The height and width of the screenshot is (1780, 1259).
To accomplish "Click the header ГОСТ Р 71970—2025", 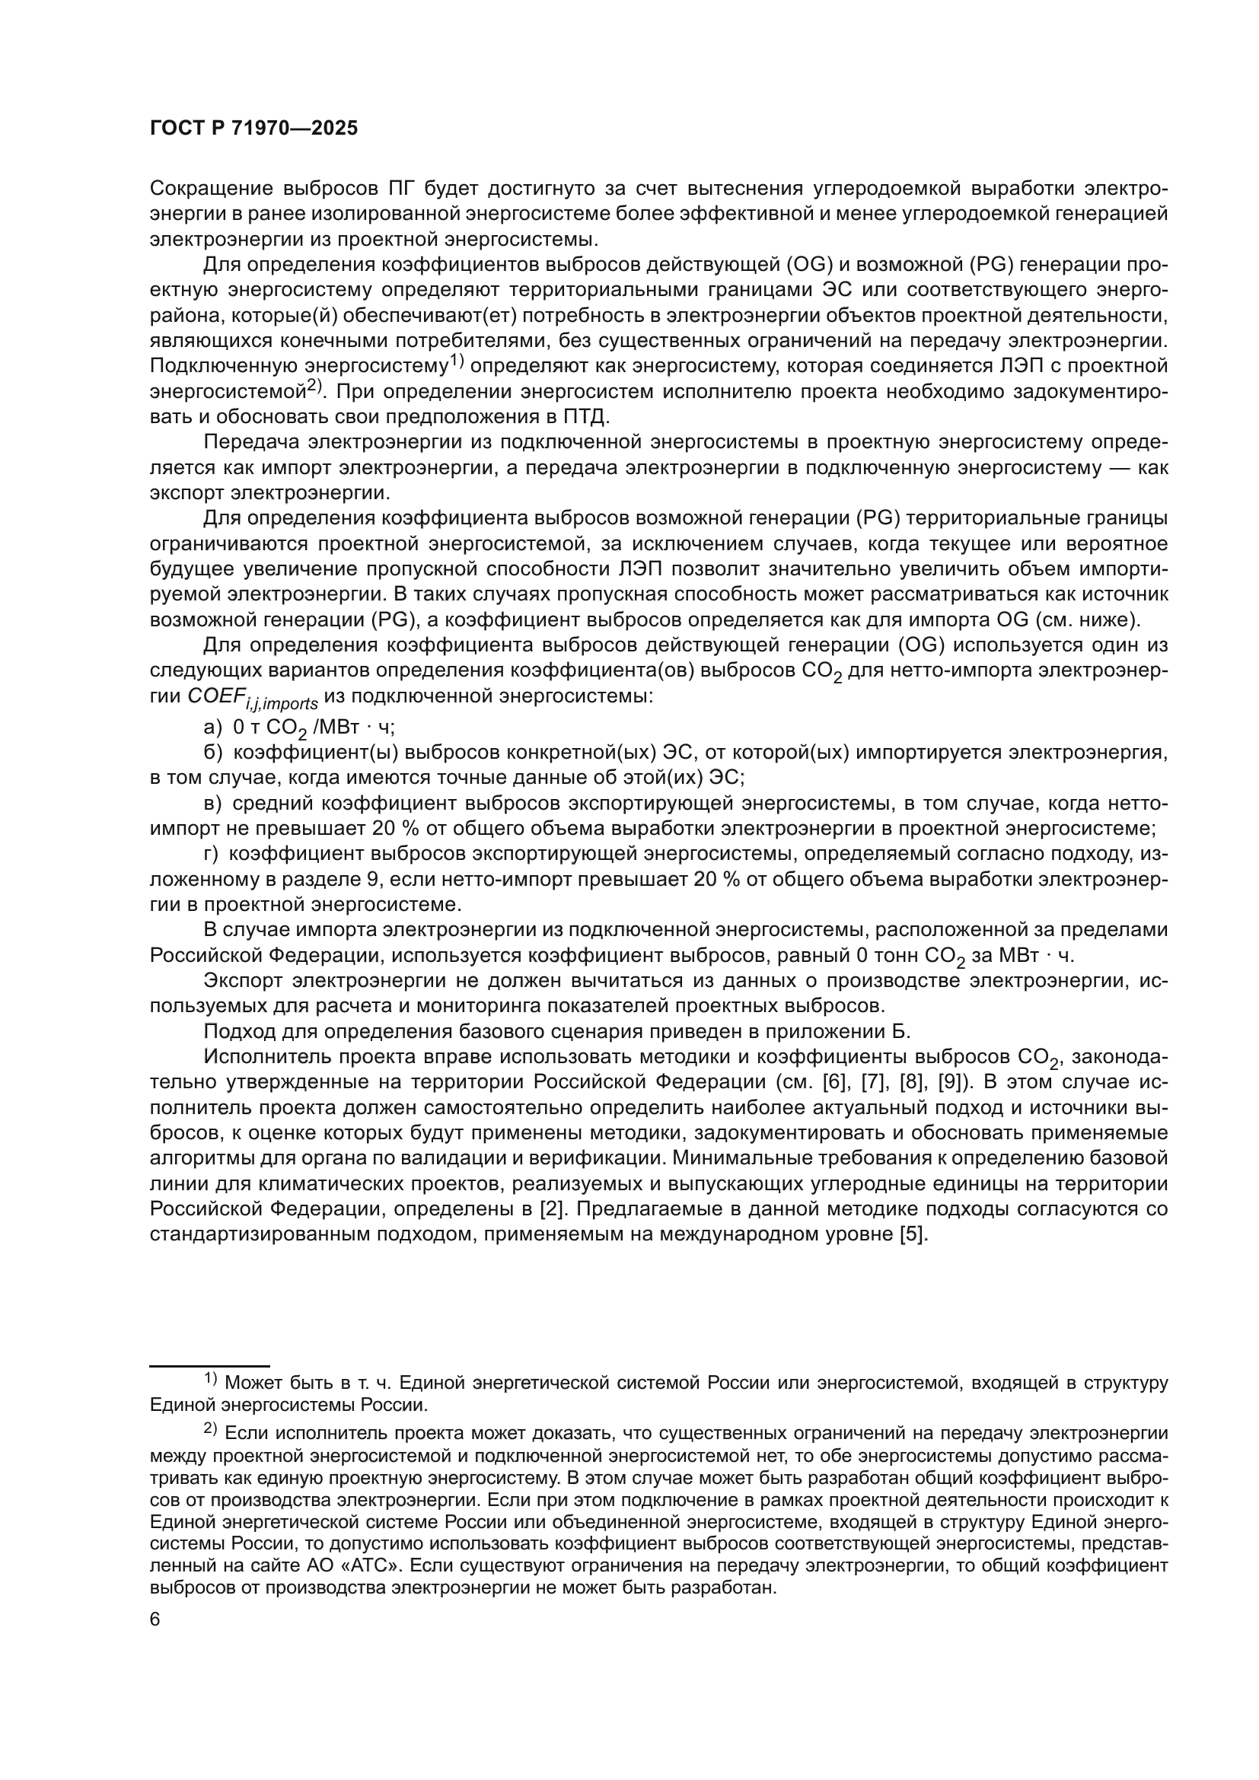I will pos(253,129).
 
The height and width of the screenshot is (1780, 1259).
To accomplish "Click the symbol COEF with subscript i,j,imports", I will pos(252,697).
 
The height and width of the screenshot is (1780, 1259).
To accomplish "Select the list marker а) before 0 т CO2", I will pos(212,727).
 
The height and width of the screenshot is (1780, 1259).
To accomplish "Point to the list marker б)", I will pos(213,752).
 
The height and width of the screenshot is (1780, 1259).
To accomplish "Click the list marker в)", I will pos(212,803).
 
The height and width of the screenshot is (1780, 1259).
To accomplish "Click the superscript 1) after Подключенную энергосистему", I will pos(457,359).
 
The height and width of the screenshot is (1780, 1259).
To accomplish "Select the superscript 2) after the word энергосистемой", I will pos(314,385).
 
